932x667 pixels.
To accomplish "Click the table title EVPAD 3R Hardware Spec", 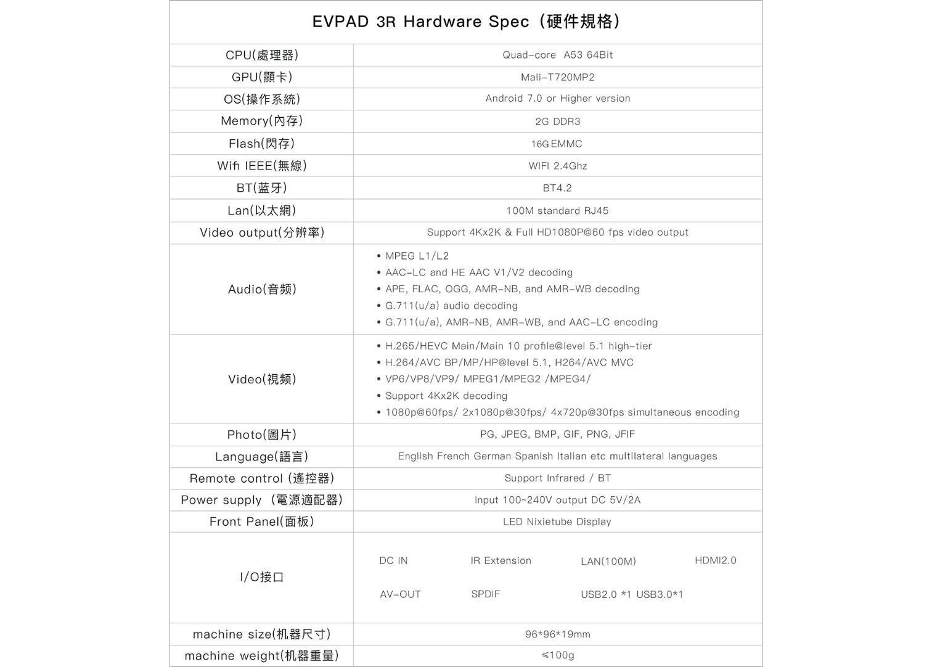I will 465,22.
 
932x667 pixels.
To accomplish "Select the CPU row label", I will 262,55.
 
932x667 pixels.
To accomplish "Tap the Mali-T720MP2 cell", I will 557,77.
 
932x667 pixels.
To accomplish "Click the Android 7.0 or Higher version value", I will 557,99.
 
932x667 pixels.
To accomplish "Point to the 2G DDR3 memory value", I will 557,121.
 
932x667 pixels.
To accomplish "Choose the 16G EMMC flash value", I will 557,144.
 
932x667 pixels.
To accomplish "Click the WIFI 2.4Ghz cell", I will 557,166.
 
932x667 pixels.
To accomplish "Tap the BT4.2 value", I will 557,188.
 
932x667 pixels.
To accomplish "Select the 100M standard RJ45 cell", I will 557,211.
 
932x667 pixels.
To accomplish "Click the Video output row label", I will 262,233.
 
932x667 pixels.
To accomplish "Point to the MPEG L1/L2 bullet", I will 417,256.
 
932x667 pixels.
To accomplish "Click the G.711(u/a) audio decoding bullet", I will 451,306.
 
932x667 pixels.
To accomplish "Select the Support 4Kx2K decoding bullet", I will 446,396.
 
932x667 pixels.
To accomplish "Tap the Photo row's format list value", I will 557,435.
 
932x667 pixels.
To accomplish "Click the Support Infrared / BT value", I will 557,478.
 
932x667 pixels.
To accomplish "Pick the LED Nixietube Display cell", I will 557,522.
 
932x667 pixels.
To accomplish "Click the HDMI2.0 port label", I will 715,560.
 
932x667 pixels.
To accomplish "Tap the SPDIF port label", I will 486,594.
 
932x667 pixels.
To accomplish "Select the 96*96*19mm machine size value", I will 557,634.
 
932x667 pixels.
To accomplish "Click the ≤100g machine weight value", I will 557,655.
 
